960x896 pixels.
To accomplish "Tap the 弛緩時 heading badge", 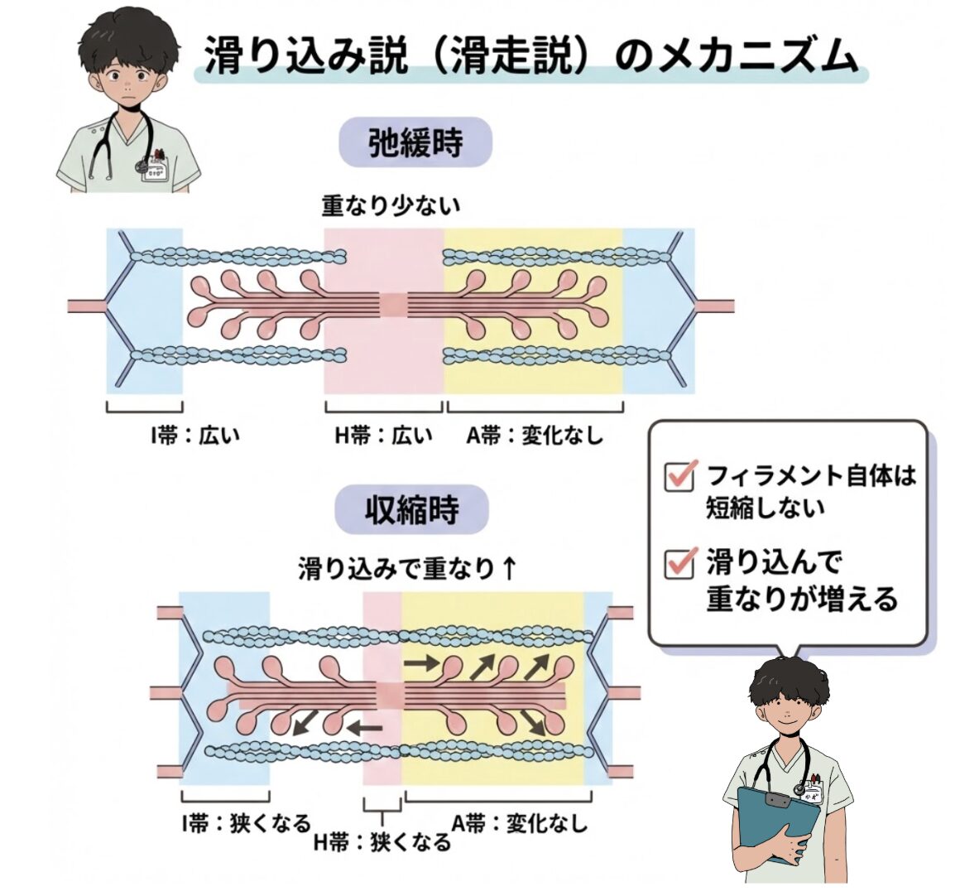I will point(415,143).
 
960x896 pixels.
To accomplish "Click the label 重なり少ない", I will point(391,205).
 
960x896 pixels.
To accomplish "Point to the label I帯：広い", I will point(195,435).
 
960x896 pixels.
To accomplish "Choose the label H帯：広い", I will point(383,435).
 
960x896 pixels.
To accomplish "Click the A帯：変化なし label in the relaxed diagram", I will point(535,435).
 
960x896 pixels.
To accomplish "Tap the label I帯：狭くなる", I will point(247,823).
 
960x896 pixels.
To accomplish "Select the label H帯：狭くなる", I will point(383,842).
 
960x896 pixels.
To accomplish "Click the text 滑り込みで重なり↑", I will point(408,569).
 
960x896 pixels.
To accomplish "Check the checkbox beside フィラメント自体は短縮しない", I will point(679,476).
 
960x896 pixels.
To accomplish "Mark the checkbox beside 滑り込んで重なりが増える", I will point(679,563).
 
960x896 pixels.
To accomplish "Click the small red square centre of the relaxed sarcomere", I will point(393,305).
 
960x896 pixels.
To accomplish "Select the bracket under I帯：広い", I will point(144,407).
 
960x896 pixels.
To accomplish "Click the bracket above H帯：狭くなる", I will point(382,805).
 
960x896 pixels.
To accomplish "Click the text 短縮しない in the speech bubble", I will point(766,507).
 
